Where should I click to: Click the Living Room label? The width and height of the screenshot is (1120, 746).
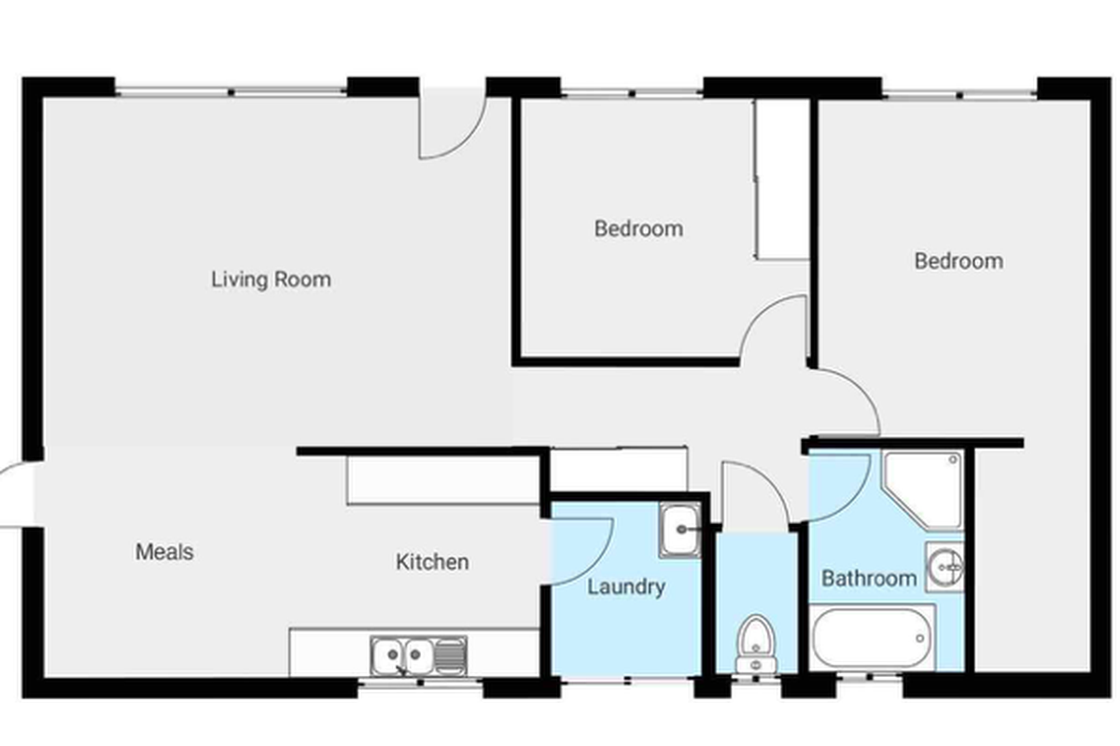[271, 280]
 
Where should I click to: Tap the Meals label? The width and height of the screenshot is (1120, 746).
[164, 552]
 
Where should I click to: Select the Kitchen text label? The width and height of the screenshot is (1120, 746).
[432, 562]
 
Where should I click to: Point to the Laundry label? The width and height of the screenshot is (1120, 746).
[626, 587]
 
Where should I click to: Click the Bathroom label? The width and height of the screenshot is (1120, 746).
[869, 578]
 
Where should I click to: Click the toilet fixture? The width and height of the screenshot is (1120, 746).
[756, 644]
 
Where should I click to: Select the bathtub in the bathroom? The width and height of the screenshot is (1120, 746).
[872, 637]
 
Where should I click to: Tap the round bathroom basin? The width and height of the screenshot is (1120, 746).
[945, 567]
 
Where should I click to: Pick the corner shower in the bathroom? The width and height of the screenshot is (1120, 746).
[923, 490]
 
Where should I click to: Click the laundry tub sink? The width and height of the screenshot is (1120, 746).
[680, 531]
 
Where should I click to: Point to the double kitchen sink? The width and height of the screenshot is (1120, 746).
[418, 656]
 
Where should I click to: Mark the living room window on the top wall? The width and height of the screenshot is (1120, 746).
[231, 92]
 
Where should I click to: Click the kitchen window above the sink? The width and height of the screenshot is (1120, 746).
[421, 683]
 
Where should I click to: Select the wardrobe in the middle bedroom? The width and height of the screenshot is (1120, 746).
[781, 179]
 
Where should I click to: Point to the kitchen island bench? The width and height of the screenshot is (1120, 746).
[443, 480]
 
